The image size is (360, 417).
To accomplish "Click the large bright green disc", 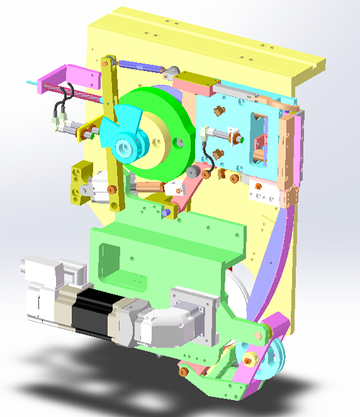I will tap(167, 116).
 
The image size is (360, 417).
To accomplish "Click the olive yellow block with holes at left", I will tap(81, 182).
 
